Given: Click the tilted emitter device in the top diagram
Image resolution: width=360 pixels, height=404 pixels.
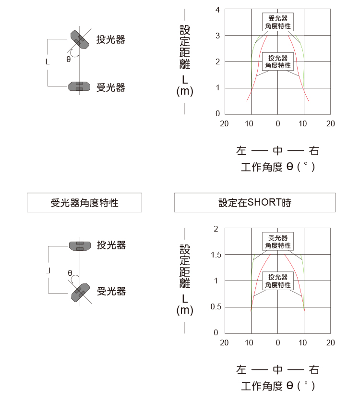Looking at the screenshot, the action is (80, 40).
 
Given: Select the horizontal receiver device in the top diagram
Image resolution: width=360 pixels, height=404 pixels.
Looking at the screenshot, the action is (79, 86).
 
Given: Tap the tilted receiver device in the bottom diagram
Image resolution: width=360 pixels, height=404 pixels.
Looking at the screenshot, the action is (80, 293).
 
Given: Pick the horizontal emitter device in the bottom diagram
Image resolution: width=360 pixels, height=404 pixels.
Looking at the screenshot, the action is (80, 246).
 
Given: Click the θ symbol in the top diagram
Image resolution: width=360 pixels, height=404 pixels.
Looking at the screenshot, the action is (69, 59).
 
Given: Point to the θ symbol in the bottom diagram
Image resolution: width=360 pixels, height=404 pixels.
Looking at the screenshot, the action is (70, 273).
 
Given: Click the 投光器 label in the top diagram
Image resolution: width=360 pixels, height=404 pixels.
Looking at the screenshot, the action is (111, 39).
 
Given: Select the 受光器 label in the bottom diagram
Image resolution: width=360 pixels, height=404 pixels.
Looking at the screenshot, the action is (111, 292).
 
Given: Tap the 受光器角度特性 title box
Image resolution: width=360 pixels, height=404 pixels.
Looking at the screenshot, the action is (84, 203).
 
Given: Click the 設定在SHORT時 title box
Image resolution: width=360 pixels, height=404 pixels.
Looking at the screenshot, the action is (255, 203).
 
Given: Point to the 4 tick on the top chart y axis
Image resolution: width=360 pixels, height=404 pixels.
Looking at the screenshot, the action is (217, 10).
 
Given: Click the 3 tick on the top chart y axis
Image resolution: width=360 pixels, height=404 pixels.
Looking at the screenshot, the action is (217, 36).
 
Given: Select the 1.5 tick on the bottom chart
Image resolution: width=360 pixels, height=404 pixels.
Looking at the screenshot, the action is (216, 255).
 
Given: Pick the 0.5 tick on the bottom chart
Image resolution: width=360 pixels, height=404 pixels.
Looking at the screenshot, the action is (216, 306).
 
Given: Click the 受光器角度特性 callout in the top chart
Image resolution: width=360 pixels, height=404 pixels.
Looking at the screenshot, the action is (278, 22).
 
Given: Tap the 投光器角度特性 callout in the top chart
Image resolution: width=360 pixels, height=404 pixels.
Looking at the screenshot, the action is (278, 61).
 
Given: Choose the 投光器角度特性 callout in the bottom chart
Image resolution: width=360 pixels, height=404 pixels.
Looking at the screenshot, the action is (278, 281).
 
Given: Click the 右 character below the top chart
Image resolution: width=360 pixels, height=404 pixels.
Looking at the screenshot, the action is (314, 151).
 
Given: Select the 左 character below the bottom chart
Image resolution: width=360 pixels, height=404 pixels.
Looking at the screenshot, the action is (241, 370).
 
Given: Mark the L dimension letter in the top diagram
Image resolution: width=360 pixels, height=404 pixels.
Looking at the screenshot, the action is (48, 62).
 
